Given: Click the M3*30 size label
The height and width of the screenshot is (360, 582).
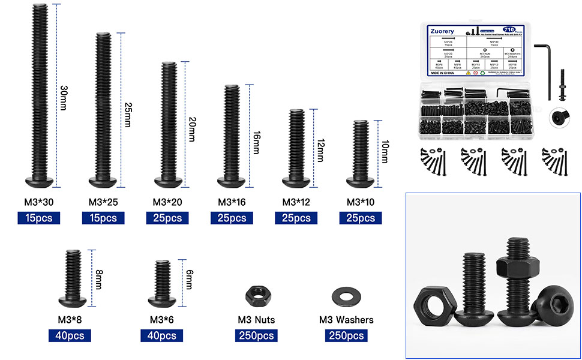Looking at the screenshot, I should coord(38,202).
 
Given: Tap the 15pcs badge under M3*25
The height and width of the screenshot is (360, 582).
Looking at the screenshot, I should coord(103,218).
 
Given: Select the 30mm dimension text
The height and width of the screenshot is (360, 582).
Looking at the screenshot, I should coord(64,97).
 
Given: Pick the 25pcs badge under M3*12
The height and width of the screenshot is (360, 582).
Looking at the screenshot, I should coord(296,218).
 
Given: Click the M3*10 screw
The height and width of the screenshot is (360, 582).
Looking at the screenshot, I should coord(360,153).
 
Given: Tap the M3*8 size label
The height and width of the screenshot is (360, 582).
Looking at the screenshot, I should coord(71,319).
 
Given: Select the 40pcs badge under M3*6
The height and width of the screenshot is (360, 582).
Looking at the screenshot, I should coord(161,335).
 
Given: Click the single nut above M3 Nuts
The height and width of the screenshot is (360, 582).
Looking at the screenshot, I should coord(256,295).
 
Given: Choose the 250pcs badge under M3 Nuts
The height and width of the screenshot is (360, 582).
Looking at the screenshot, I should coord(256,335).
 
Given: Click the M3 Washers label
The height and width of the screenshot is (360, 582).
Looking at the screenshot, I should coord(346,320).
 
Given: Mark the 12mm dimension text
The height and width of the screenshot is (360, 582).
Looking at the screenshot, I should coord(321,149).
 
